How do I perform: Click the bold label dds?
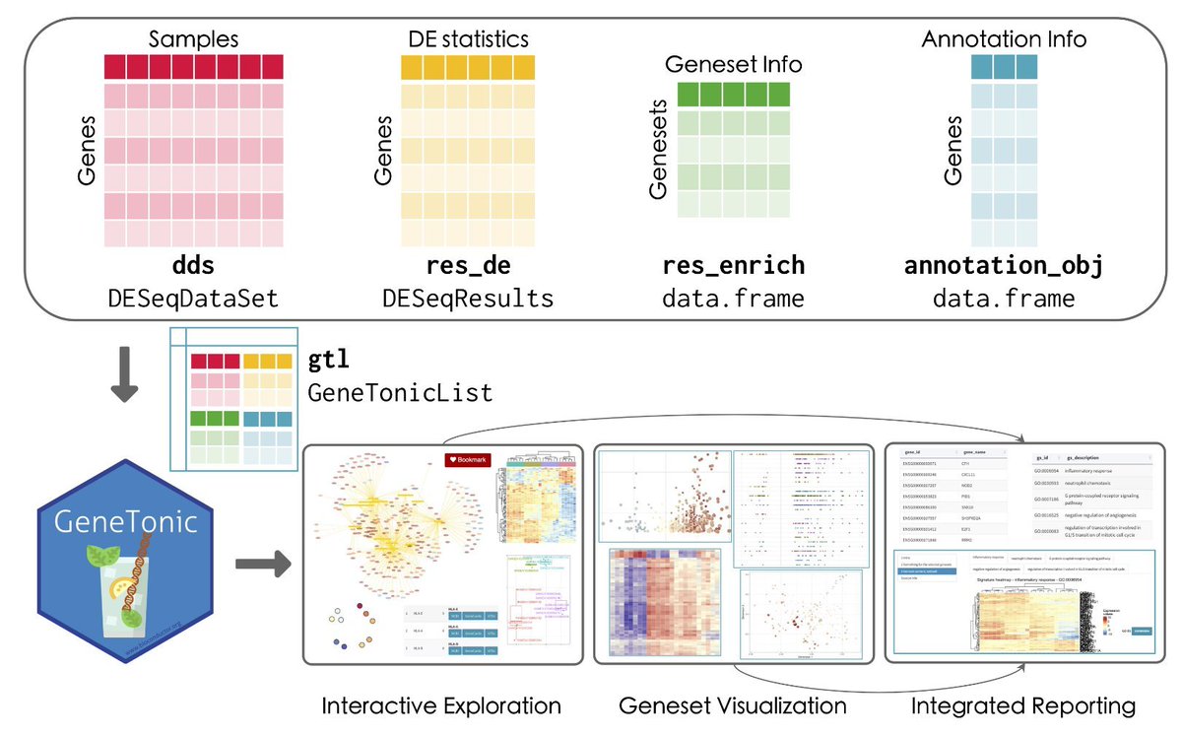[194, 266]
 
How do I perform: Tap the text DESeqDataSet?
[194, 297]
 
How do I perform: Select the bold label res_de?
[468, 266]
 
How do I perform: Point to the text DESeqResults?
[468, 297]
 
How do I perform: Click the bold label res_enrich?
[734, 266]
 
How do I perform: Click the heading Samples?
[194, 38]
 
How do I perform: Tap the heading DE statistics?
[468, 38]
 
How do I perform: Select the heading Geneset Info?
[734, 65]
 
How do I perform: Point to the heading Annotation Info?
[1004, 39]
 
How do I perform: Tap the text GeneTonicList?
[400, 392]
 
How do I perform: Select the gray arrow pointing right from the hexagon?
[264, 565]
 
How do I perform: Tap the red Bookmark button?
[468, 460]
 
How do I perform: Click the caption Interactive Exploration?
[441, 705]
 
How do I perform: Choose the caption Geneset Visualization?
[733, 705]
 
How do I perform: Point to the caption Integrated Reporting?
[1022, 705]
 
